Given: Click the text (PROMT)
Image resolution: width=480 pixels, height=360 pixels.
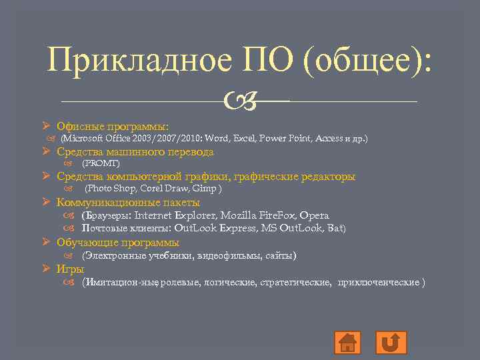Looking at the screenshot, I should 101,163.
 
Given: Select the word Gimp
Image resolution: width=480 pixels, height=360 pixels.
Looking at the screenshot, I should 207,189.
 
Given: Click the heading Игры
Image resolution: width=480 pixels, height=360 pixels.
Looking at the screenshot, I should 70,269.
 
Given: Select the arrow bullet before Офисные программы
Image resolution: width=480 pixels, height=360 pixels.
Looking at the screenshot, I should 46,126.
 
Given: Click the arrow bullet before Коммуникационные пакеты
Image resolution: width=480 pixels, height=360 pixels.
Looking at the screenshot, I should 46,202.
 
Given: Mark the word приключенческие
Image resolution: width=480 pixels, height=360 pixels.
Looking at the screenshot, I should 378,282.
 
